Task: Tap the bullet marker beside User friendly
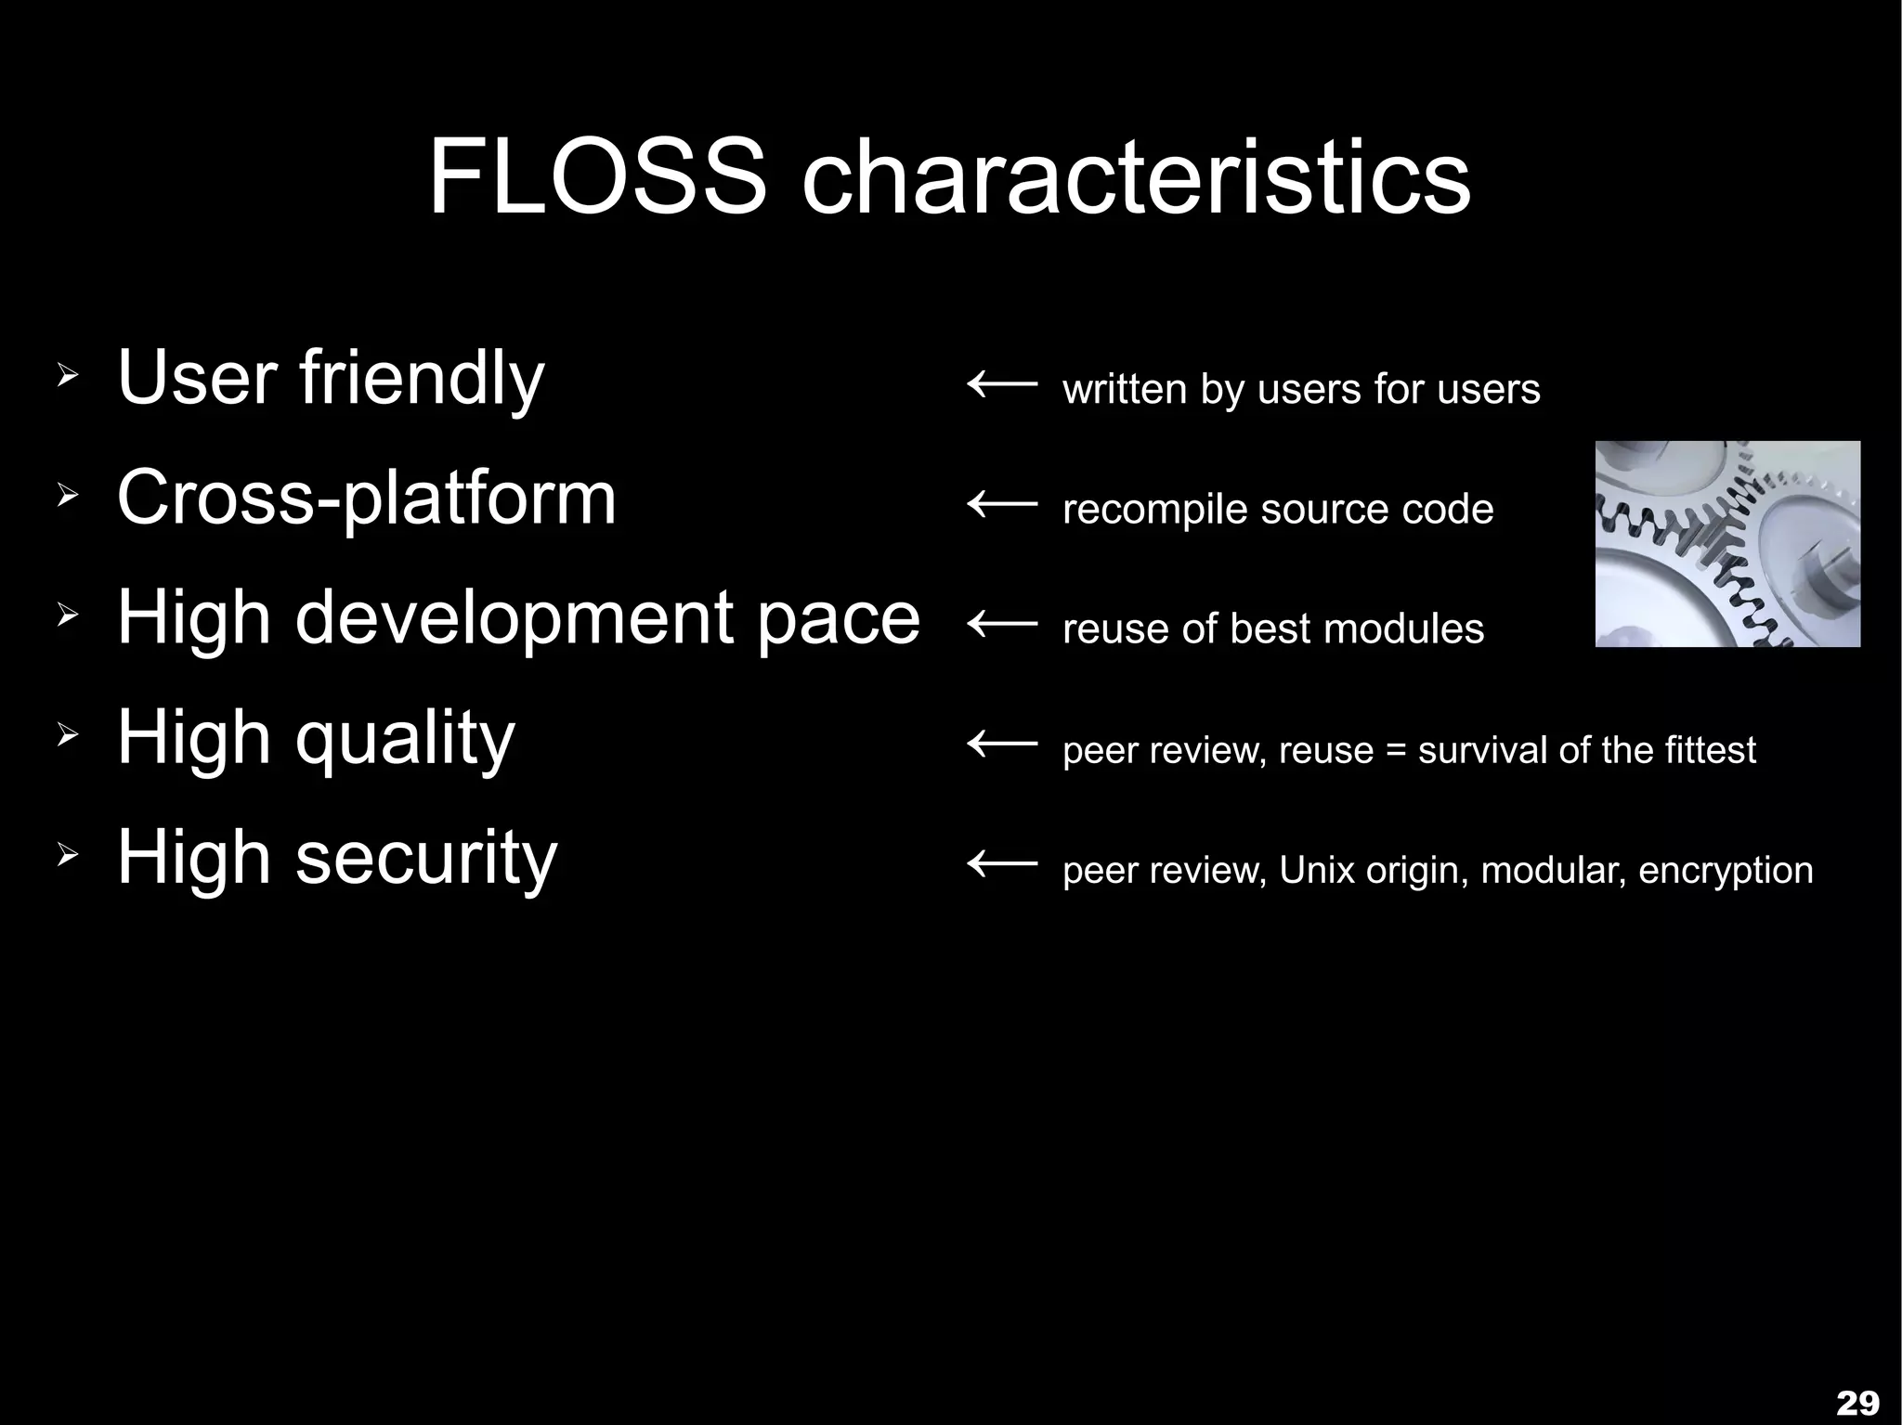[67, 376]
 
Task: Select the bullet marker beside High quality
[67, 736]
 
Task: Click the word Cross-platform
[367, 499]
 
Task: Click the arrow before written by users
[1002, 382]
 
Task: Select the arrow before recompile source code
[1002, 504]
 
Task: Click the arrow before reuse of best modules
[1002, 624]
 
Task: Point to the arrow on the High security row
[1002, 865]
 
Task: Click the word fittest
[1710, 749]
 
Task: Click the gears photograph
[1727, 544]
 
